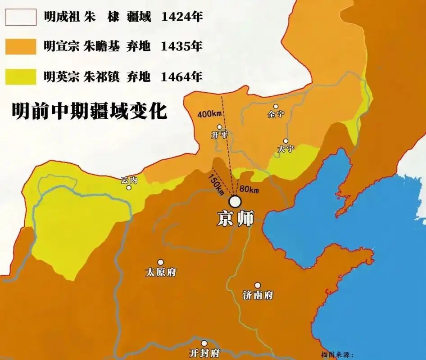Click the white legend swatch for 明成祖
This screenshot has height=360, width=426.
tap(20, 17)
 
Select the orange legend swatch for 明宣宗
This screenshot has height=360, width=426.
tap(20, 46)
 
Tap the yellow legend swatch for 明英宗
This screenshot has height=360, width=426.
tap(20, 76)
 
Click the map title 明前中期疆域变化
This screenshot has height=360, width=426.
tap(90, 111)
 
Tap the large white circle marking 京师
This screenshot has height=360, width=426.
tap(235, 201)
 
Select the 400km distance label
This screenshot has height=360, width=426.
tap(207, 114)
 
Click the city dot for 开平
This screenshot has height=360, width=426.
tap(219, 127)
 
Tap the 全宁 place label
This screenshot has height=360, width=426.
tap(276, 115)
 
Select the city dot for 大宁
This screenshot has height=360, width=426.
tap(285, 141)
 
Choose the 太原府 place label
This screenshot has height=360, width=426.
tap(160, 272)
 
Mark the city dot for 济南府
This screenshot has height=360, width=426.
tap(258, 285)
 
